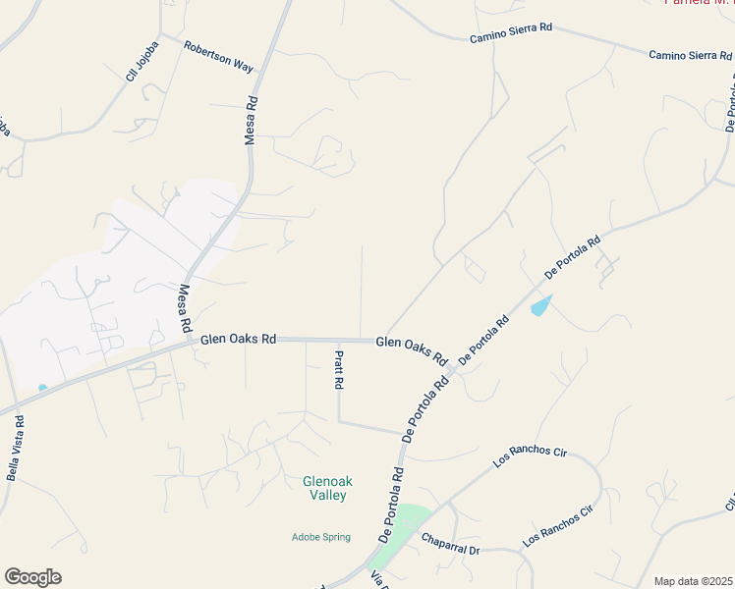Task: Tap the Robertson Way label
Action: pyautogui.click(x=219, y=58)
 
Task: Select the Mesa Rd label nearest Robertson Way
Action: pyautogui.click(x=252, y=120)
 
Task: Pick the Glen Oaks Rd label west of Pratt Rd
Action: pyautogui.click(x=238, y=339)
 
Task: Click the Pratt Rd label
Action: pyautogui.click(x=338, y=371)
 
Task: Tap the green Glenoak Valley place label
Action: pyautogui.click(x=326, y=488)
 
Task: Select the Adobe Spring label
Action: pyautogui.click(x=321, y=536)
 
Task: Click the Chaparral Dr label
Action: pyautogui.click(x=450, y=544)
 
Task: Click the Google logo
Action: pyautogui.click(x=32, y=577)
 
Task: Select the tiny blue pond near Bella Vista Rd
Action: pyautogui.click(x=42, y=388)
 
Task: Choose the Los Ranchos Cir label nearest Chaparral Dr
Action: pyautogui.click(x=559, y=524)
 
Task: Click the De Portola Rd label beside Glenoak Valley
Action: pyautogui.click(x=391, y=505)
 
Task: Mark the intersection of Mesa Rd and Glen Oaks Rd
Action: pyautogui.click(x=190, y=343)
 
